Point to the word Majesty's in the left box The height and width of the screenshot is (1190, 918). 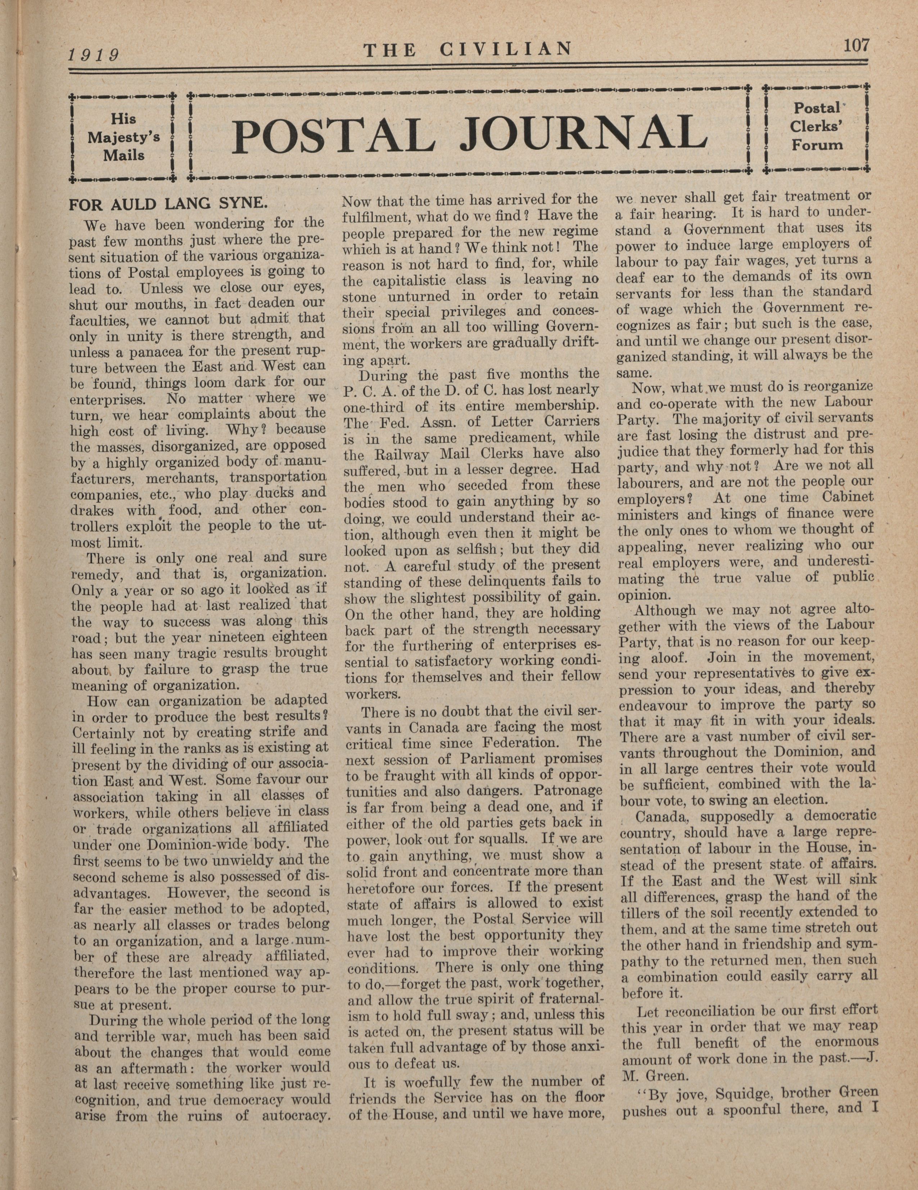124,137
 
